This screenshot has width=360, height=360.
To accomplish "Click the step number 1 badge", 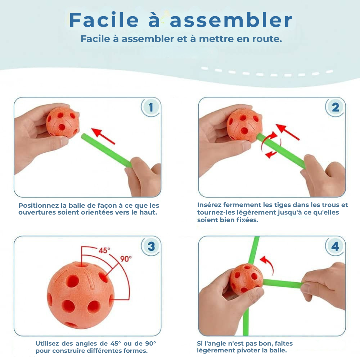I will pyautogui.click(x=151, y=107).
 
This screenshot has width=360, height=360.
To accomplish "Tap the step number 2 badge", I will pyautogui.click(x=336, y=107).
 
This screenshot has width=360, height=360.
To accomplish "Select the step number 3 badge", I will pyautogui.click(x=151, y=246).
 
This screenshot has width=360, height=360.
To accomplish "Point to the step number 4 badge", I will pyautogui.click(x=335, y=246).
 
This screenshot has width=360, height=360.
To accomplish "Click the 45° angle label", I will pyautogui.click(x=104, y=251).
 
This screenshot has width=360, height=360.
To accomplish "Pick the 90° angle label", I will pyautogui.click(x=126, y=259).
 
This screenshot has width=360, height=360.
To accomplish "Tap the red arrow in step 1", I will pyautogui.click(x=103, y=136).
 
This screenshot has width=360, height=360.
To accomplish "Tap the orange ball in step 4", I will pyautogui.click(x=246, y=279).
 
